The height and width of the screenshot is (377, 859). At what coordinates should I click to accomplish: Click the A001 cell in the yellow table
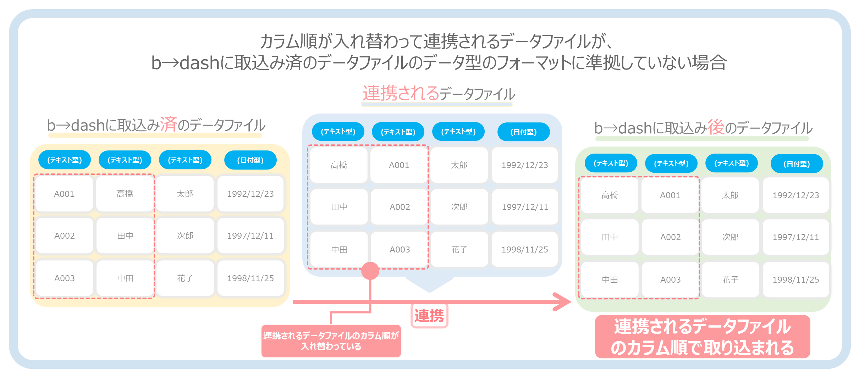coord(64,194)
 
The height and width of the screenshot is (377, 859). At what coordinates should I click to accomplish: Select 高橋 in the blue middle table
coord(339,165)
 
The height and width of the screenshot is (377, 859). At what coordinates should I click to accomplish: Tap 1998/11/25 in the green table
coord(796,280)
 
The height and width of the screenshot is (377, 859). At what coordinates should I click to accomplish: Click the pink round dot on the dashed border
coord(370,271)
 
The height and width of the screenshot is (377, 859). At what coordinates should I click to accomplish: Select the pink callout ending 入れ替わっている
coord(331,341)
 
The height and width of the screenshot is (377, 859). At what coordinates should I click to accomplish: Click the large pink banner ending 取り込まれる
coord(703,337)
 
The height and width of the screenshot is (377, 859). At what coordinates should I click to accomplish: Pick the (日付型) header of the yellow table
coord(250,160)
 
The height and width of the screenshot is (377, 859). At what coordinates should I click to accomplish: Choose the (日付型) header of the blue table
coord(524,132)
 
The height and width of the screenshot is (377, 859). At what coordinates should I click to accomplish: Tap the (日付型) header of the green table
coord(797,164)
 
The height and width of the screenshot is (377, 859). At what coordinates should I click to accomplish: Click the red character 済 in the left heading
coord(169,124)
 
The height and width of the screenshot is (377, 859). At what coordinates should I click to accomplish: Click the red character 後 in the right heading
coord(716,127)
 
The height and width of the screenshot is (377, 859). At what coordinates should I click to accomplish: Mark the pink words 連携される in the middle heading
coord(401,93)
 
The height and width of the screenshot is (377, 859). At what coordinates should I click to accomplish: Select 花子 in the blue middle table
coord(459,250)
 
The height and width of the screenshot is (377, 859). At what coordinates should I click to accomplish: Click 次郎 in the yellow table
coord(185,236)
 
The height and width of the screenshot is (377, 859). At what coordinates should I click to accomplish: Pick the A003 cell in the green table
coord(671,280)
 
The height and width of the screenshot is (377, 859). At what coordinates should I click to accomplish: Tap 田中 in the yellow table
coord(125,236)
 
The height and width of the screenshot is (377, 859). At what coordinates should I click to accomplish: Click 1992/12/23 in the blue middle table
coord(525,165)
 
